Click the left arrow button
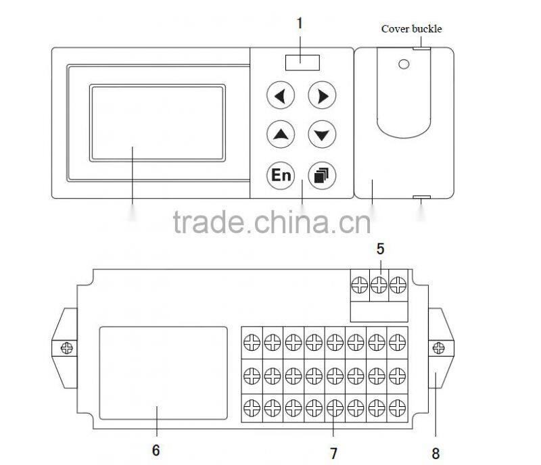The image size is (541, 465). point(281,96)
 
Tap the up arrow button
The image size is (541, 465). point(281,134)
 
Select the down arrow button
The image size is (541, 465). point(322,134)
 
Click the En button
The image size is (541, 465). point(281,175)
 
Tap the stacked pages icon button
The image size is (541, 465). point(322,175)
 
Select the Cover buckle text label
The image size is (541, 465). point(411,28)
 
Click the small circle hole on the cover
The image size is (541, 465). point(404,65)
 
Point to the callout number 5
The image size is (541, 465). point(381,248)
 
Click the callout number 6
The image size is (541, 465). point(156,450)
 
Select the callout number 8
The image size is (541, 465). point(436,453)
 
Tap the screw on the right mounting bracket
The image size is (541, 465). point(438,348)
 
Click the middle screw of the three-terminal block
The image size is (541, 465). point(381,283)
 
